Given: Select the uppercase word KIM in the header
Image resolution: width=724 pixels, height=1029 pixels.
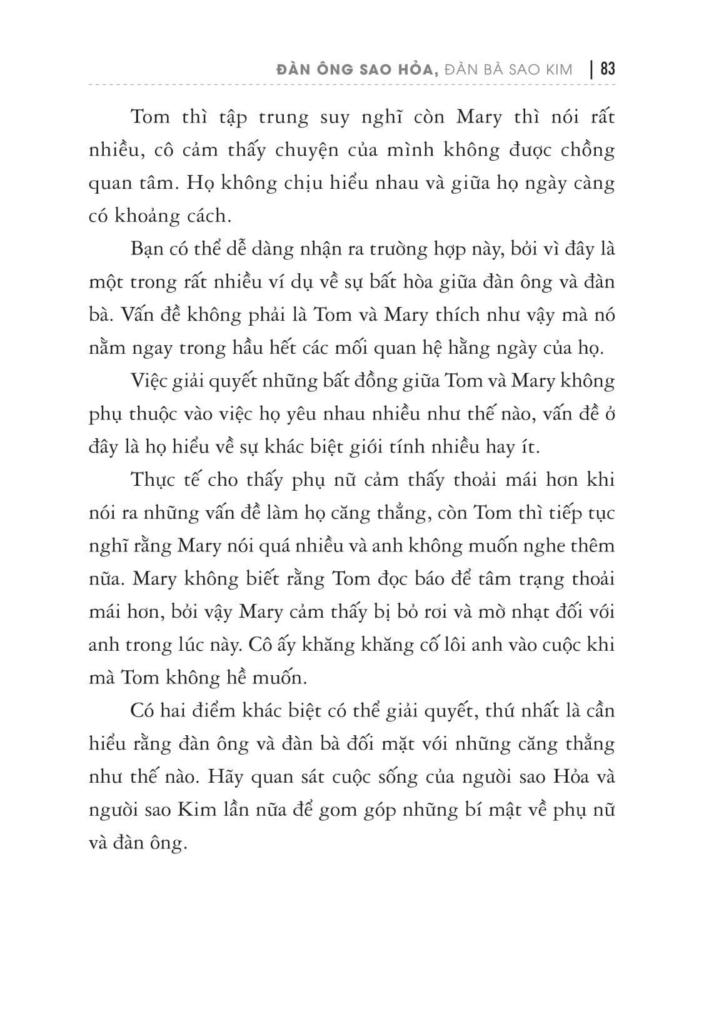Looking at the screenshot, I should [x=558, y=69].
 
